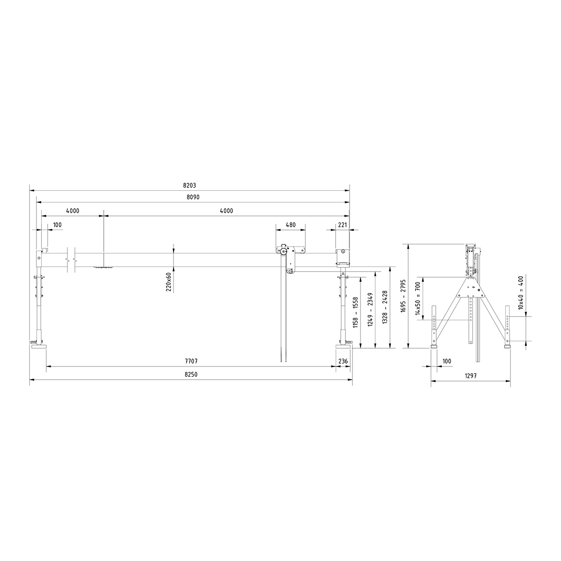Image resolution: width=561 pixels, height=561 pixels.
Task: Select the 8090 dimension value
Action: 193,197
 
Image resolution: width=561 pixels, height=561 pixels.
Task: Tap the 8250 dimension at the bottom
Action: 191,374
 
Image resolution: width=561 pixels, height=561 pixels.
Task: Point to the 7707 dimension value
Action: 191,361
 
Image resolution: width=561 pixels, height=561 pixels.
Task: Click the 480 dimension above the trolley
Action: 290,225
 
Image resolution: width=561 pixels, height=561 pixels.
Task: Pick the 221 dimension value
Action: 342,225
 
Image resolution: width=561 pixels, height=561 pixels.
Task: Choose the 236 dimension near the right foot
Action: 343,361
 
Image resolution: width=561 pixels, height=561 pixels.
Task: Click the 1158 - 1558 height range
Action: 356,312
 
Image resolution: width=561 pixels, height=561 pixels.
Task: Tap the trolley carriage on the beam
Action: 290,255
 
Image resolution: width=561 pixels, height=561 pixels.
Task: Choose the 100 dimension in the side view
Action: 446,361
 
